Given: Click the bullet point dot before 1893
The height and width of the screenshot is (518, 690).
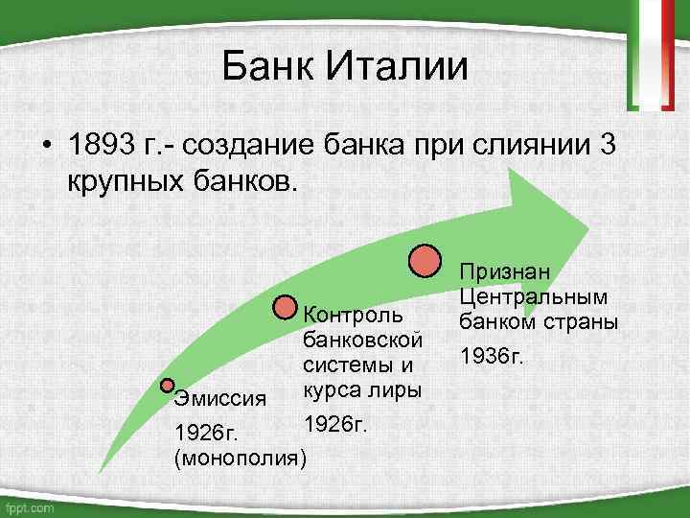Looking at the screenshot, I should (45, 149).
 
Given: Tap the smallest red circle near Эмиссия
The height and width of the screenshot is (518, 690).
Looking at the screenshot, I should (168, 386).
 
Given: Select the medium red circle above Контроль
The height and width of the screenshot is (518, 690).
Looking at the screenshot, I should (287, 307).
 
